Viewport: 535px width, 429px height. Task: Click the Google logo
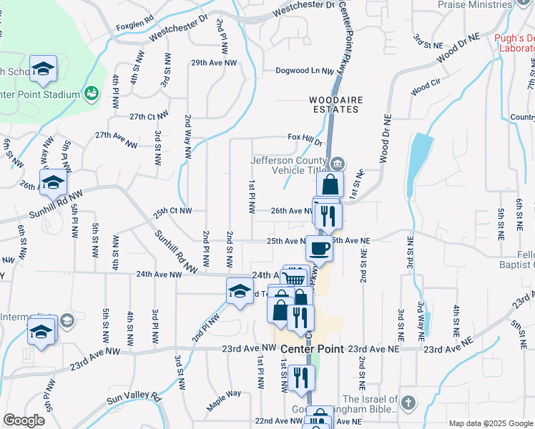click(24, 420)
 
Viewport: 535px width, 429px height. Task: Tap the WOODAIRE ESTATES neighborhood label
click(334, 104)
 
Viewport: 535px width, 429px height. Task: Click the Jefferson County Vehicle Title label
click(291, 166)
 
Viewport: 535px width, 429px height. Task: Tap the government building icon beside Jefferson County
click(338, 162)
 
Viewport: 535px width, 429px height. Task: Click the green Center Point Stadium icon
click(91, 94)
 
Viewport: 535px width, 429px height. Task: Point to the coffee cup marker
click(319, 248)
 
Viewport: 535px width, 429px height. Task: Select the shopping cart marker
click(294, 279)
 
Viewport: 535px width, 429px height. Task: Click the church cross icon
click(408, 403)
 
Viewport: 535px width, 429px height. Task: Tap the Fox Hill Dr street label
click(305, 137)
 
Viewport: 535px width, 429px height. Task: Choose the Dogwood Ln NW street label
click(305, 71)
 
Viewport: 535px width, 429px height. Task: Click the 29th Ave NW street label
click(213, 63)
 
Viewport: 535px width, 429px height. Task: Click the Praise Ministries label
click(476, 4)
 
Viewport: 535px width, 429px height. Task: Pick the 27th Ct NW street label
click(149, 115)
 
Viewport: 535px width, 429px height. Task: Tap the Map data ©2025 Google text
click(490, 423)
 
